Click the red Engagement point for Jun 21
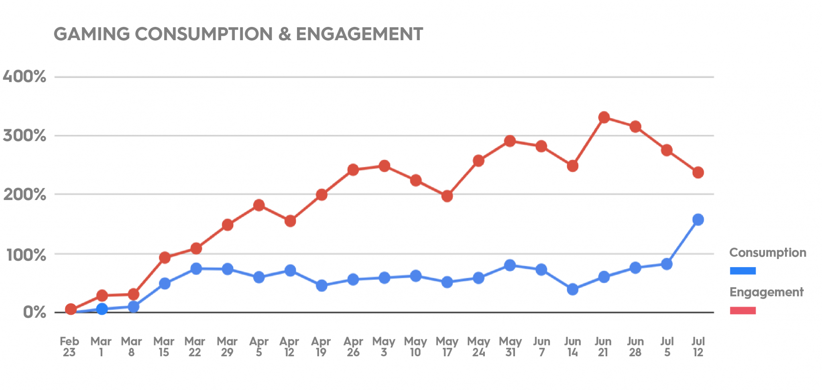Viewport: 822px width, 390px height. [x=604, y=118]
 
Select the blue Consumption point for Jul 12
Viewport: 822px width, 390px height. [x=698, y=220]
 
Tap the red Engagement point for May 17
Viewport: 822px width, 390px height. [x=447, y=196]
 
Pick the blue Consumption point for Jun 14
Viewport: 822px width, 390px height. [x=573, y=289]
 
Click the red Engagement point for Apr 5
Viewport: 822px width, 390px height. [x=259, y=205]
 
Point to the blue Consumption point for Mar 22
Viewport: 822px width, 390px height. [x=196, y=269]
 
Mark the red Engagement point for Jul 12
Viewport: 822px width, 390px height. [x=698, y=173]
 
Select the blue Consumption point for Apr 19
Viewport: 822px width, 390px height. [x=321, y=286]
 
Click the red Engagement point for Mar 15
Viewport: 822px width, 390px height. [x=165, y=258]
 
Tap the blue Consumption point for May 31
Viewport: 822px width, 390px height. [x=510, y=265]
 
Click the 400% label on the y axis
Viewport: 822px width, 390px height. [x=24, y=76]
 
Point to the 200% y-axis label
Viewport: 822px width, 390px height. [x=24, y=195]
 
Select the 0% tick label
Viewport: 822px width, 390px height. [x=34, y=312]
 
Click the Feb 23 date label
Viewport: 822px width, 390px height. [x=69, y=347]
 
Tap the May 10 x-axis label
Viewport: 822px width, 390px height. [x=415, y=347]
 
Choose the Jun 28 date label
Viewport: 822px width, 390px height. [x=635, y=347]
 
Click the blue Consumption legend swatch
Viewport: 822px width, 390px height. [x=743, y=271]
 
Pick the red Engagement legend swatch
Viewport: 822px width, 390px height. [x=743, y=310]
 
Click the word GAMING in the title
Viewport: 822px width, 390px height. [x=92, y=34]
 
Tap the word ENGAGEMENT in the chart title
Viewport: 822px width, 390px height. [x=359, y=34]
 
